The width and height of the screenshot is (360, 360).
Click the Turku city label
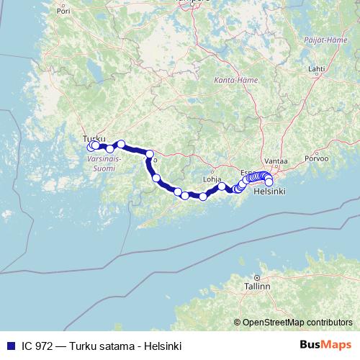click(94, 138)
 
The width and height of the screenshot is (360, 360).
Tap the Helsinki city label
click(271, 192)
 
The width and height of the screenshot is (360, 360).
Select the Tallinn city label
click(256, 286)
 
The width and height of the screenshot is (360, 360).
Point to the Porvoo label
click(316, 158)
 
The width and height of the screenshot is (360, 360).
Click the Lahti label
click(315, 68)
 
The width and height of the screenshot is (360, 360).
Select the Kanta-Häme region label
click(230, 81)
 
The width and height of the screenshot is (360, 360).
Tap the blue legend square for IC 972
click(10, 346)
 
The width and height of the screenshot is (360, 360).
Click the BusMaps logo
click(325, 346)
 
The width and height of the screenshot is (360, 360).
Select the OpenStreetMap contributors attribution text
click(297, 322)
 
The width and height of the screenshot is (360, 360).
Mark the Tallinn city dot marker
click(256, 278)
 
